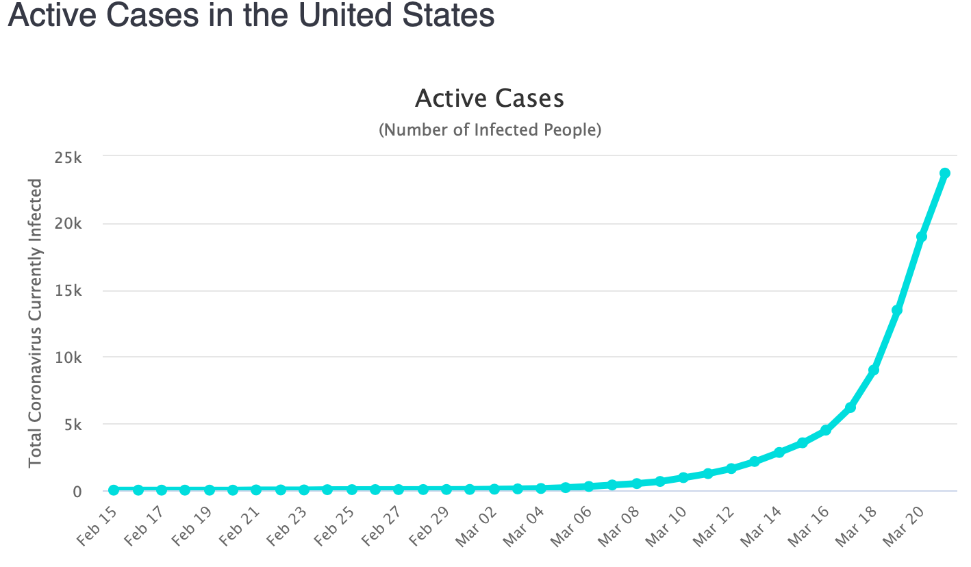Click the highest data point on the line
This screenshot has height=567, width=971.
[944, 173]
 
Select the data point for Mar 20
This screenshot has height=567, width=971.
[921, 236]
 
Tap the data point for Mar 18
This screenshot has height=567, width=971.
[873, 370]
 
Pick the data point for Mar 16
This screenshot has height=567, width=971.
[826, 430]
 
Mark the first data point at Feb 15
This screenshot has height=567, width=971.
[114, 490]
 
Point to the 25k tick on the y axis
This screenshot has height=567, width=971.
[69, 157]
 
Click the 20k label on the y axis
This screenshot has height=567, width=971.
[69, 224]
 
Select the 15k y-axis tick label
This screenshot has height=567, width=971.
[69, 291]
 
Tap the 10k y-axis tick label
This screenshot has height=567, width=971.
[69, 357]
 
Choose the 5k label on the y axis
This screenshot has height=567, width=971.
[73, 425]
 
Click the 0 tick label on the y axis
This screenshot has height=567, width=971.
[77, 491]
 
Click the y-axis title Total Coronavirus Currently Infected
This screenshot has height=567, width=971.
[36, 323]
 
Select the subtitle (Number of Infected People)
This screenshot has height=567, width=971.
[490, 129]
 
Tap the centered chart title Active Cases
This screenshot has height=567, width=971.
[490, 99]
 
